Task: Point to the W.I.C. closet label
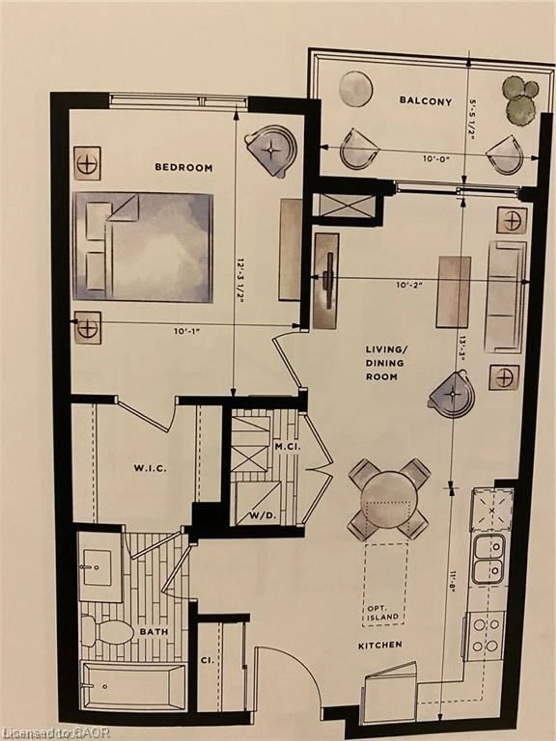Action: click(150, 468)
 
